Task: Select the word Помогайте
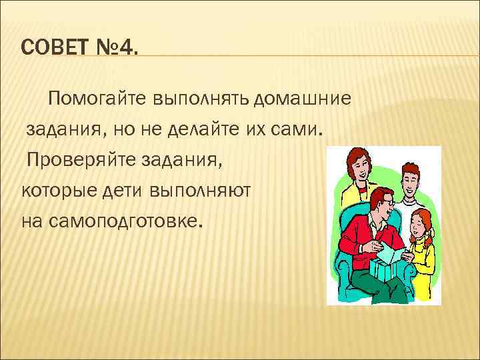[97, 99]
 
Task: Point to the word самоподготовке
[110, 220]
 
